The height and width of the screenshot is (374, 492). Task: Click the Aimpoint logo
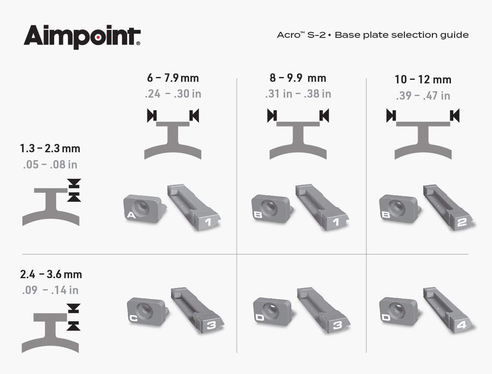pos(82,37)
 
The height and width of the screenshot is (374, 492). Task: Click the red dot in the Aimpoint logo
pos(98,37)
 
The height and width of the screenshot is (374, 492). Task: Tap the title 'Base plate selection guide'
pos(402,35)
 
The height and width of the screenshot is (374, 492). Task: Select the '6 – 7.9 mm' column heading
pos(173,78)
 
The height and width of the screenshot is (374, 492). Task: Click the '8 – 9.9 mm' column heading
pos(298,78)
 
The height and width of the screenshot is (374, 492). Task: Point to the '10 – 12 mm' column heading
pos(423,79)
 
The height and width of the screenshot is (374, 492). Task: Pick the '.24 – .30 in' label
pos(173,94)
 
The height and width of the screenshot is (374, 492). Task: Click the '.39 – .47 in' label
pos(423,96)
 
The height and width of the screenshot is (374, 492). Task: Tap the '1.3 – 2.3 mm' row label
pos(50,148)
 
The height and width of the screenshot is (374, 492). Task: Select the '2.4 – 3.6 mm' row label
pos(51,274)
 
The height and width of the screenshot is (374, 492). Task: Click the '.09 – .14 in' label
pos(50,290)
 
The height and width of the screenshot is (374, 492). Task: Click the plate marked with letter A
pos(145,209)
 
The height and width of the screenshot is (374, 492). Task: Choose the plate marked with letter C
pos(148,311)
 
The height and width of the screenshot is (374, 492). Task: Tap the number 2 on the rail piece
pos(462,222)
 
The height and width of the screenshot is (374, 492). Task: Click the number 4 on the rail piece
pos(461,325)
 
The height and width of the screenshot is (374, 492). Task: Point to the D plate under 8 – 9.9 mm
pos(274,311)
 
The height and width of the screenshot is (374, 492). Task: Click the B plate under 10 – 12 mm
pos(400,209)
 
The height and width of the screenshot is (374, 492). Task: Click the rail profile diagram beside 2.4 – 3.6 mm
pos(51,328)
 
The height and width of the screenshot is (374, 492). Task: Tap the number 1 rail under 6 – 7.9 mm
pos(194,208)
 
